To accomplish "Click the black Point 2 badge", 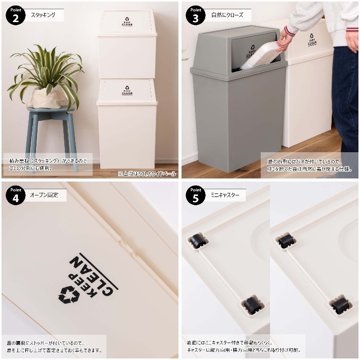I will [15, 15].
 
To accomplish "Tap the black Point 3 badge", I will [195, 15].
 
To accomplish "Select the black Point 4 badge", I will [15, 195].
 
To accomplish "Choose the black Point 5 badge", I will [195, 195].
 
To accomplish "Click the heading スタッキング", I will [44, 15].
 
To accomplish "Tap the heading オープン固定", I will [45, 195].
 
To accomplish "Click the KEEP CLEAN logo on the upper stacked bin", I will [127, 22].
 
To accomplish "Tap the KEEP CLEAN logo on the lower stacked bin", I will [127, 91].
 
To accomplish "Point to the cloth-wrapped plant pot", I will [47, 98].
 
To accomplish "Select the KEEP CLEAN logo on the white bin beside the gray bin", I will [312, 40].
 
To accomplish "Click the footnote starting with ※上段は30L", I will [146, 173].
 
